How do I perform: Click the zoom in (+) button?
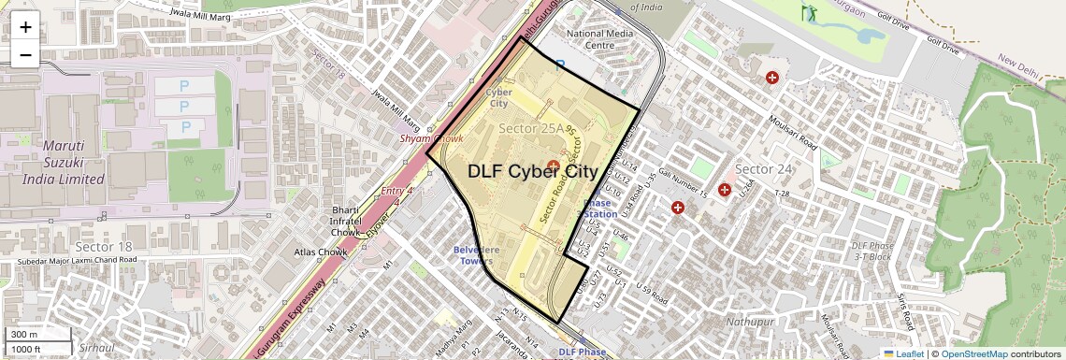point(25,27)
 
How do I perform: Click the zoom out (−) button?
point(25,54)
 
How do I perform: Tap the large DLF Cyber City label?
point(532,171)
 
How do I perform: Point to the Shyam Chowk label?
point(432,138)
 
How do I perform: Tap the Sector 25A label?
point(532,128)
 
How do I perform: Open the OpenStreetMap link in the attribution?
point(973,353)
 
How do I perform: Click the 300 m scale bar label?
point(24,335)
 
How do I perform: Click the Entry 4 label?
point(397,192)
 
